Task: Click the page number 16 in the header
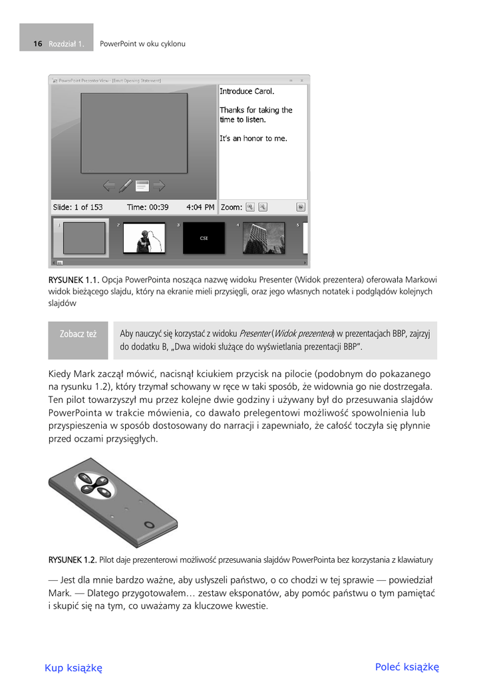click(38, 44)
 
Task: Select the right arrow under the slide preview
click(158, 185)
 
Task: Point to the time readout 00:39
click(158, 207)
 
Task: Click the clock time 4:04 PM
click(201, 207)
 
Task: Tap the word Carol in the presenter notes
click(265, 91)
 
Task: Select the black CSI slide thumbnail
click(204, 238)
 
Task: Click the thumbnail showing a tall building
click(263, 238)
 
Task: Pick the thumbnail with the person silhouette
click(144, 238)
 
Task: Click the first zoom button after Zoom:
click(250, 207)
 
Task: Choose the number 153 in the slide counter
click(94, 207)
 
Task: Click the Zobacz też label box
click(78, 334)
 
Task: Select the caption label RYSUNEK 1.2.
click(73, 559)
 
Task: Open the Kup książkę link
click(73, 668)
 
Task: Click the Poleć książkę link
click(407, 667)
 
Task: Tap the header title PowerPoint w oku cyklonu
click(142, 44)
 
